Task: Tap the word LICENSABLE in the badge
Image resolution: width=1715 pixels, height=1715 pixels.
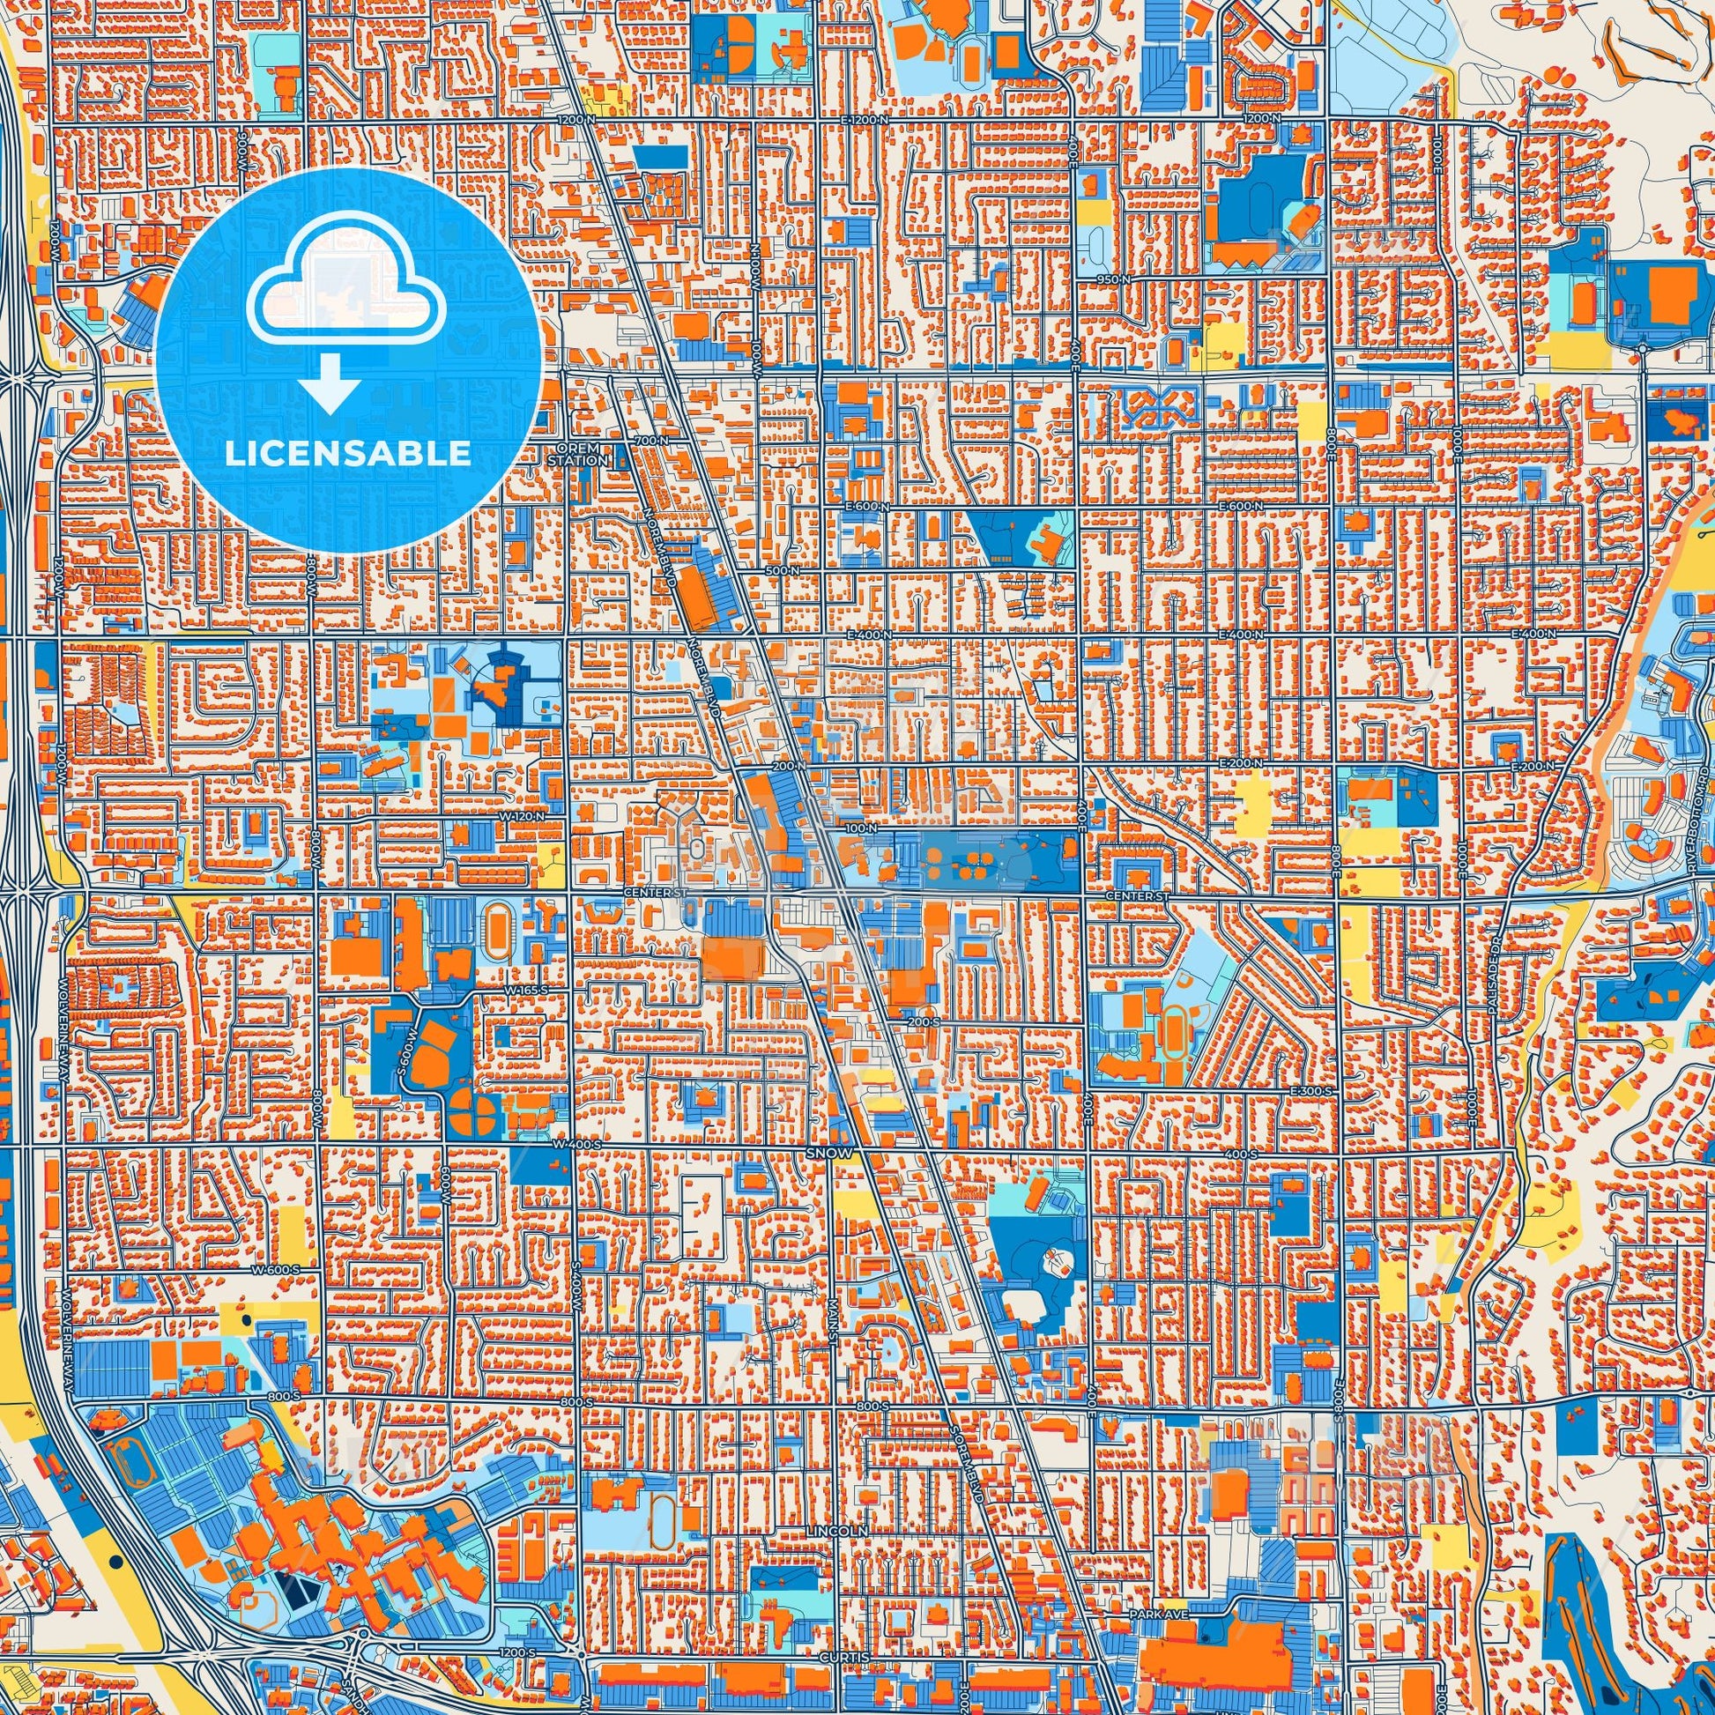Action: (348, 454)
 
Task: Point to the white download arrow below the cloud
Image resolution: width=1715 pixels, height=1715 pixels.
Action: (330, 383)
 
